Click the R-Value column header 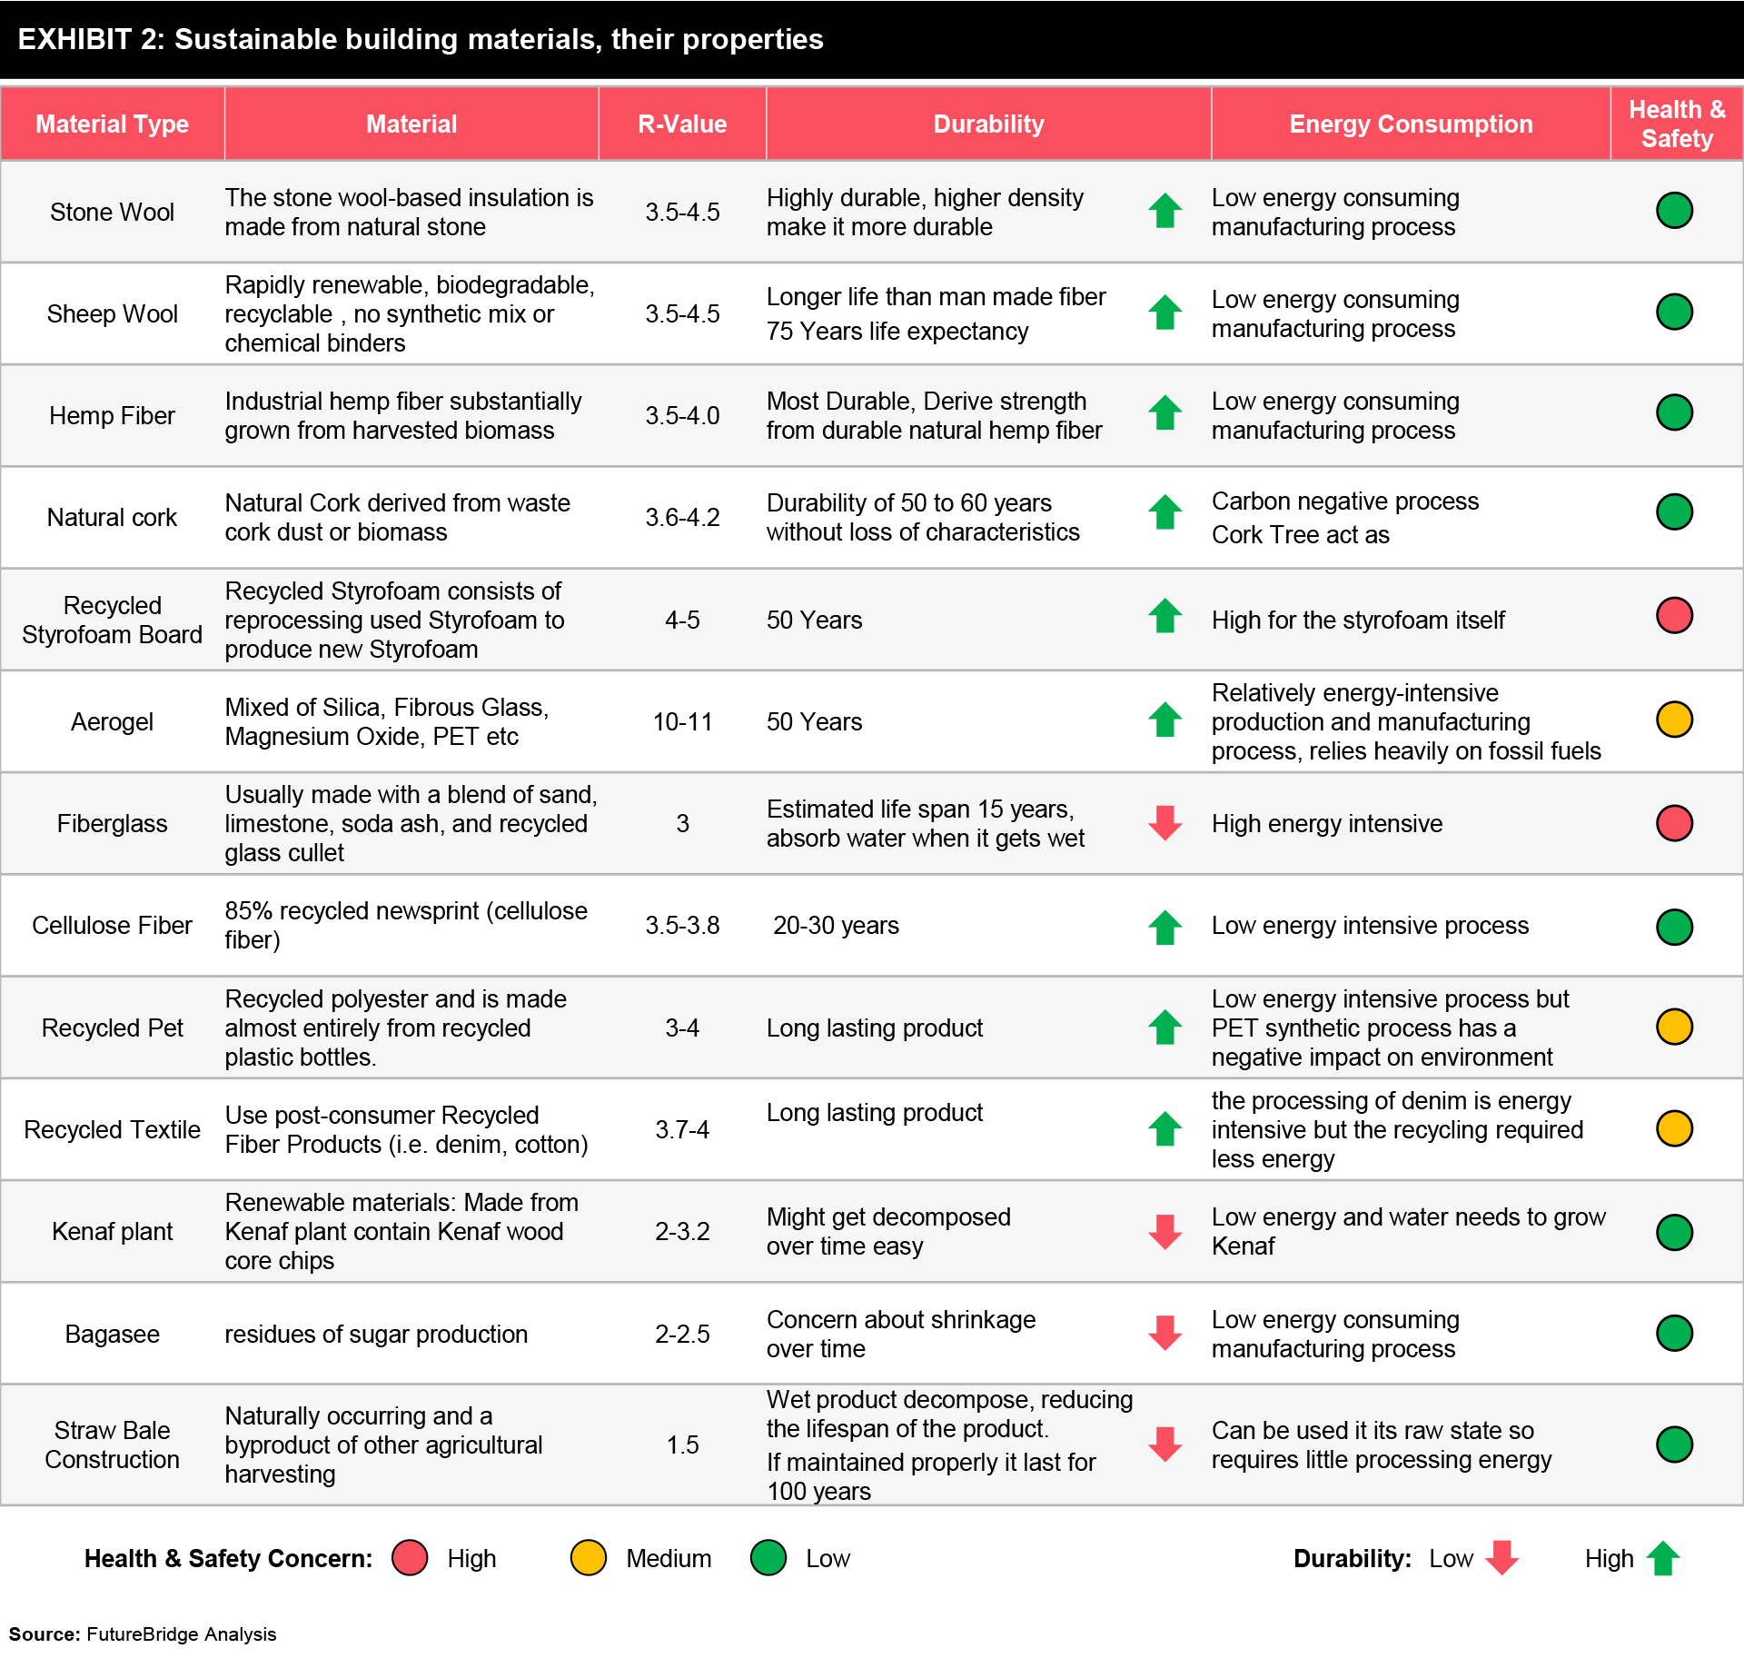682,124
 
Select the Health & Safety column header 1677,124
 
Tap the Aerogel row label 112,721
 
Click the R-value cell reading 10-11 682,721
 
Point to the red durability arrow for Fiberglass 1164,822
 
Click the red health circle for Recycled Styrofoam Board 1674,615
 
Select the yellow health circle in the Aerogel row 1674,720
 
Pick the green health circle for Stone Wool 1674,210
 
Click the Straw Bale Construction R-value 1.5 682,1445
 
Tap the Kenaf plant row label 112,1231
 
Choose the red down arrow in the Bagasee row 1164,1333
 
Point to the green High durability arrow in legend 1663,1558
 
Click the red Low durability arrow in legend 1501,1558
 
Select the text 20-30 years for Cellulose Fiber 836,925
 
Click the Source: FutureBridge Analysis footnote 143,1633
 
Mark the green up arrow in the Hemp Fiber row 1164,412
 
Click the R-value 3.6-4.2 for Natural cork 682,517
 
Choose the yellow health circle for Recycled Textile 1674,1128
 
